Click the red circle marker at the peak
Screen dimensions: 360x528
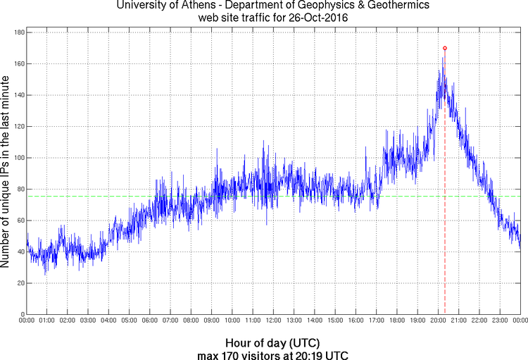[445, 48]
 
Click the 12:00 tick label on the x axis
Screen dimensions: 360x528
[273, 321]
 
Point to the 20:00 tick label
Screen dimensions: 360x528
[438, 321]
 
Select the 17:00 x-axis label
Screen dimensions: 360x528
[376, 321]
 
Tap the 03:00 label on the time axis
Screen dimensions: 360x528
[88, 321]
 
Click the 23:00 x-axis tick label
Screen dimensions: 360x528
[500, 321]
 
